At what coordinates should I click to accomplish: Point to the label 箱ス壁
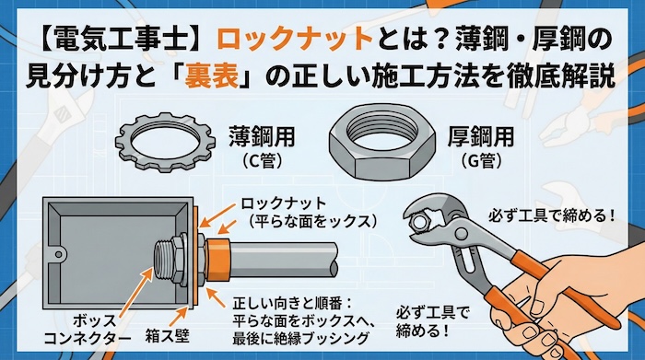coord(165,338)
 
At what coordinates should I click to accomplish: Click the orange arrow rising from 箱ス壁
coord(184,308)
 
